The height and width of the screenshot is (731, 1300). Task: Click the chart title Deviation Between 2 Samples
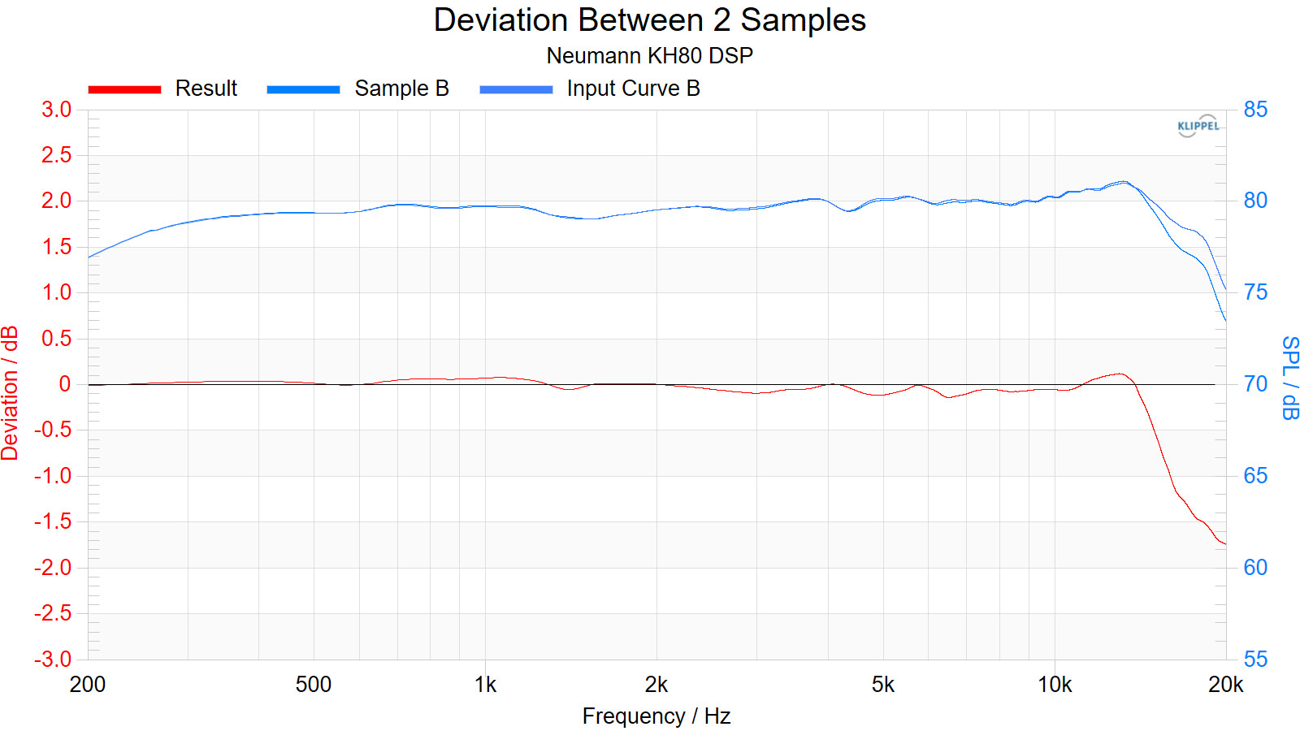[649, 20]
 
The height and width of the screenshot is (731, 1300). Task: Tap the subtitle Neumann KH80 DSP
[649, 55]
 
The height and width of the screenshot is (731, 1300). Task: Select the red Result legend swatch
[124, 89]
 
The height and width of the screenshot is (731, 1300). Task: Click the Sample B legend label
[401, 89]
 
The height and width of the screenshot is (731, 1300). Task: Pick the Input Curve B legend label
[633, 89]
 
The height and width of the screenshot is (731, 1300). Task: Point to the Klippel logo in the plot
[1198, 126]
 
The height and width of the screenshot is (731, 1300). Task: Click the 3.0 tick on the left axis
[56, 110]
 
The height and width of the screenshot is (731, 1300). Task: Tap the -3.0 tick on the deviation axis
[53, 659]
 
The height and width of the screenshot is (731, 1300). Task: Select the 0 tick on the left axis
[65, 384]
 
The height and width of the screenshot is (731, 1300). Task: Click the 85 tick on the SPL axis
[1255, 110]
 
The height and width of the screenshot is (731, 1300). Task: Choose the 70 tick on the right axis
[1255, 384]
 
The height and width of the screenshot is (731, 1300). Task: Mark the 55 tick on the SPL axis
[1255, 659]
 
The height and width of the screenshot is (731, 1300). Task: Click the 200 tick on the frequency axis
[88, 685]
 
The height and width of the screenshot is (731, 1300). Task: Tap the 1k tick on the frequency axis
[485, 685]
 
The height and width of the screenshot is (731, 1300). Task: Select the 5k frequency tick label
[882, 685]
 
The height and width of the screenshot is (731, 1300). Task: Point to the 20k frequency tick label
[1225, 685]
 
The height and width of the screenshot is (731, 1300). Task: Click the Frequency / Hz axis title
[656, 716]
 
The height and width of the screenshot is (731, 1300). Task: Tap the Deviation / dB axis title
[10, 393]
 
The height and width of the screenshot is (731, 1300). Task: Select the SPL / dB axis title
[1289, 378]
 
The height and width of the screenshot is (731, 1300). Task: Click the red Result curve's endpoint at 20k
[1224, 543]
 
